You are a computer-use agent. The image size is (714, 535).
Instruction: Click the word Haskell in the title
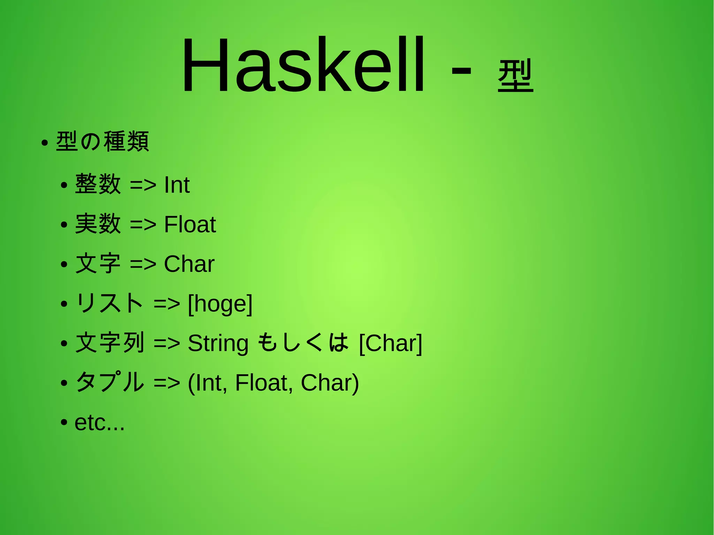pyautogui.click(x=303, y=66)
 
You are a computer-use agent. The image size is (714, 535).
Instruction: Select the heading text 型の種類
pyautogui.click(x=102, y=142)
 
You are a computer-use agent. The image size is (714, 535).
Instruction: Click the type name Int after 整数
pyautogui.click(x=177, y=185)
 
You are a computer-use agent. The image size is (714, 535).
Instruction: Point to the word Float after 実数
pyautogui.click(x=190, y=224)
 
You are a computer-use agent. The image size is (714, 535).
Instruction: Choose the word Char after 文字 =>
pyautogui.click(x=189, y=264)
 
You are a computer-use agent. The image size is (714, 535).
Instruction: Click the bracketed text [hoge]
pyautogui.click(x=220, y=304)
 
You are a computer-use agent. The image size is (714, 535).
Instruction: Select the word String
pyautogui.click(x=218, y=344)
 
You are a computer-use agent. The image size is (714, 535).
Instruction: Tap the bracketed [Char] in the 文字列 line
pyautogui.click(x=390, y=343)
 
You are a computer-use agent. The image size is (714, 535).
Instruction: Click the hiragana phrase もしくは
pyautogui.click(x=303, y=342)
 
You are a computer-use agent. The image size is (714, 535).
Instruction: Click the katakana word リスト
pyautogui.click(x=109, y=303)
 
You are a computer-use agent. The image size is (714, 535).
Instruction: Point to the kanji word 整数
pyautogui.click(x=98, y=184)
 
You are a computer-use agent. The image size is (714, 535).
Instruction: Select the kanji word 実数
pyautogui.click(x=98, y=224)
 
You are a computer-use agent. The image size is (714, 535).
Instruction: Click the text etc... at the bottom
pyautogui.click(x=99, y=423)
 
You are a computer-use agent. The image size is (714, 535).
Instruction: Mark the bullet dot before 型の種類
pyautogui.click(x=44, y=143)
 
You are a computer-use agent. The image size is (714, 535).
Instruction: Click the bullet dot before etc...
pyautogui.click(x=63, y=423)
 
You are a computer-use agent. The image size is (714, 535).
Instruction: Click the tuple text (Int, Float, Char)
pyautogui.click(x=273, y=383)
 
